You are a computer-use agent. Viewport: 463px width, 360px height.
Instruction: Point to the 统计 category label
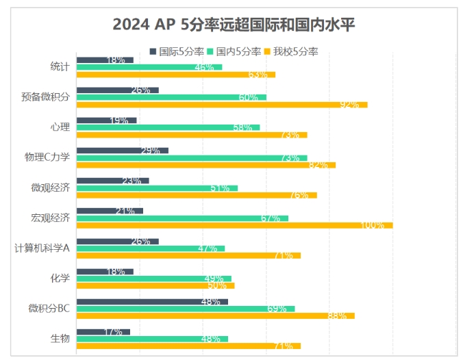pyautogui.click(x=60, y=66)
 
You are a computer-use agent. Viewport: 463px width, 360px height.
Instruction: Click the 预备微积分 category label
pyautogui.click(x=46, y=97)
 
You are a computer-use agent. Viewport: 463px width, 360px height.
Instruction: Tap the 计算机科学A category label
pyautogui.click(x=42, y=248)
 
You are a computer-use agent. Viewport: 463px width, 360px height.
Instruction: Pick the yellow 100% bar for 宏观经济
pyautogui.click(x=234, y=225)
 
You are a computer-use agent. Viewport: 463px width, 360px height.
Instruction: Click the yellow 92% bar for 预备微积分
pyautogui.click(x=221, y=105)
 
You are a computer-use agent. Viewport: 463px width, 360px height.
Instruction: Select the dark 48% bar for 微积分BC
pyautogui.click(x=151, y=301)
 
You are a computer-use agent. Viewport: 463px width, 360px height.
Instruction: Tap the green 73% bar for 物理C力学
pyautogui.click(x=191, y=157)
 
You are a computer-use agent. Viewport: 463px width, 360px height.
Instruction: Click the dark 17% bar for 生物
pyautogui.click(x=103, y=332)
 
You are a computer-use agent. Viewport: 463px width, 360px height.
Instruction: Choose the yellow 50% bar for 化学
pyautogui.click(x=155, y=285)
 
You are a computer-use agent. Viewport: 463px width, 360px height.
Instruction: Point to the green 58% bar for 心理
pyautogui.click(x=168, y=127)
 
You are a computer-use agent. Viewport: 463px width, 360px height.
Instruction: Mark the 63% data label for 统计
pyautogui.click(x=258, y=75)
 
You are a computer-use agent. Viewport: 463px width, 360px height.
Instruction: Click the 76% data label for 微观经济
pyautogui.click(x=299, y=195)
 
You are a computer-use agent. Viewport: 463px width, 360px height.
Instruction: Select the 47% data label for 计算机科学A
pyautogui.click(x=207, y=248)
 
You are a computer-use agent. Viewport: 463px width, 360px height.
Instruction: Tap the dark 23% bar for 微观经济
pyautogui.click(x=112, y=181)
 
